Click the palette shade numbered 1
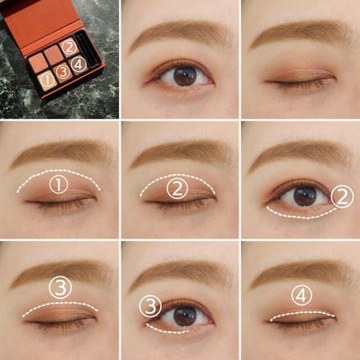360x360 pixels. (47, 80)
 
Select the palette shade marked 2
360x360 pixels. (69, 48)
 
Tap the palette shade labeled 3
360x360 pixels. (63, 72)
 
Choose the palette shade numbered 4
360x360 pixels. (79, 65)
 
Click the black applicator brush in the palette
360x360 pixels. (89, 52)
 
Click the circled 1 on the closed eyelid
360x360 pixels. (59, 185)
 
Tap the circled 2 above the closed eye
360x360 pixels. (177, 189)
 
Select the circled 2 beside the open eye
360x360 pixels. (342, 197)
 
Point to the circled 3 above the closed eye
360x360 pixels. (60, 288)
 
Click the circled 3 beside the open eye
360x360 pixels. (150, 306)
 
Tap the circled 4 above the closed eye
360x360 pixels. (301, 296)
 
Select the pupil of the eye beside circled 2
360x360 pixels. (306, 197)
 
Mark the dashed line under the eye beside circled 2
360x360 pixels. (300, 215)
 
